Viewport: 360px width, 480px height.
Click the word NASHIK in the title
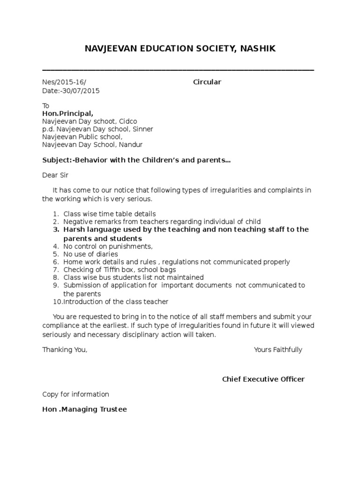[256, 49]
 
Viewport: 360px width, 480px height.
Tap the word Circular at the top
[207, 82]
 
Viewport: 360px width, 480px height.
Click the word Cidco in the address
[128, 121]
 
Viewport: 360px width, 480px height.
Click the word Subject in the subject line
[55, 160]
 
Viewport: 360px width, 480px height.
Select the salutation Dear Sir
[55, 175]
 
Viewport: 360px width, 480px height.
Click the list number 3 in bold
[54, 230]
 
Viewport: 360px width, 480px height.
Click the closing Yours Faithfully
[278, 350]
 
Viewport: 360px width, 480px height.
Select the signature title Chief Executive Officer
[263, 379]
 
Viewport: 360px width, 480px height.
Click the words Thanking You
[65, 350]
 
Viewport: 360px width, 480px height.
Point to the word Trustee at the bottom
[113, 409]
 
